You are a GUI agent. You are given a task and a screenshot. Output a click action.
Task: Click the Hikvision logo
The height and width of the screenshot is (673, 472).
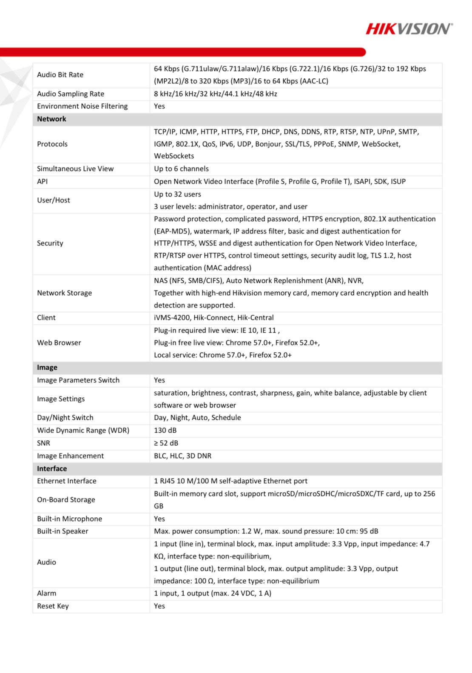[409, 29]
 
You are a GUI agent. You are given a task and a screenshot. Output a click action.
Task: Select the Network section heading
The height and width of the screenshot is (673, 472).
[51, 119]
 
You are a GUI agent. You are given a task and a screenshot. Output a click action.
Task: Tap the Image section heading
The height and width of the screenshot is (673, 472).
[47, 368]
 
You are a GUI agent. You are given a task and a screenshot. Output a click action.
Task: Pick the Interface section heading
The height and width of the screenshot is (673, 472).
[52, 469]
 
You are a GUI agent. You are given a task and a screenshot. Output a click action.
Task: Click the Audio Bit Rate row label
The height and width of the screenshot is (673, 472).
[60, 75]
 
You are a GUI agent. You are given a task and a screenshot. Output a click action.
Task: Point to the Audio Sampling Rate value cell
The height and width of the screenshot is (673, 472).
[215, 94]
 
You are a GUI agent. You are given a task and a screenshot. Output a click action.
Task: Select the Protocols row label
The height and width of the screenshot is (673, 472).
[52, 144]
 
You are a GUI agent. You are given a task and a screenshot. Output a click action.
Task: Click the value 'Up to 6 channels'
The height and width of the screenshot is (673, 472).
[181, 169]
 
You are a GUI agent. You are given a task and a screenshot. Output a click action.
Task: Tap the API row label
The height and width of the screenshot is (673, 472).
[43, 182]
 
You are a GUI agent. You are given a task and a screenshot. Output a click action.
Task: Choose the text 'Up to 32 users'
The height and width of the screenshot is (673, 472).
[177, 194]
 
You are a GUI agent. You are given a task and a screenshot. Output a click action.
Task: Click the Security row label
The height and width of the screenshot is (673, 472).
[50, 243]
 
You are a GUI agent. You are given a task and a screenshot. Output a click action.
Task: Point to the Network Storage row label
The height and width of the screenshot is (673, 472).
[64, 293]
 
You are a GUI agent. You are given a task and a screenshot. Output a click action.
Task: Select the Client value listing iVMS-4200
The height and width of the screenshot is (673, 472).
[213, 318]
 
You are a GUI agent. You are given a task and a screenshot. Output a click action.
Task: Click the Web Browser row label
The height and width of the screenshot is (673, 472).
[59, 343]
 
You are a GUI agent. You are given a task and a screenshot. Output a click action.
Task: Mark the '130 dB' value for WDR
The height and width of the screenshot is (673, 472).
[165, 431]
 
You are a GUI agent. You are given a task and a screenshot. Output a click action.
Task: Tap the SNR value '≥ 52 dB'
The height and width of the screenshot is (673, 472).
[166, 443]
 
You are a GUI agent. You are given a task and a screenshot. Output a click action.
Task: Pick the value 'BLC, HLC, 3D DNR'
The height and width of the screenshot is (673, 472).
[182, 456]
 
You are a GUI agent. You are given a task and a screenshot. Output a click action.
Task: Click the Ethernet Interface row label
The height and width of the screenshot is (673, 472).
[67, 481]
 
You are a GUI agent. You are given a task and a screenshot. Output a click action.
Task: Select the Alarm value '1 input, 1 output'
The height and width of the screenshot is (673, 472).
[212, 593]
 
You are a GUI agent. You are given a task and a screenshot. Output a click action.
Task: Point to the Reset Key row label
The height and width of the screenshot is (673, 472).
[53, 606]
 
